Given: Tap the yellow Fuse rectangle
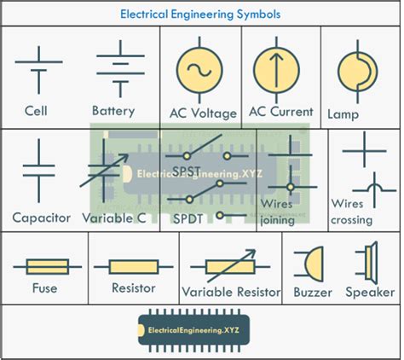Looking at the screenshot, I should click(43, 266).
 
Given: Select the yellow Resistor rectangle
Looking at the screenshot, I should click(133, 266).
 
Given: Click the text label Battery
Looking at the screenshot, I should click(113, 111).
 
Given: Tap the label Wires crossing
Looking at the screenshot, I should click(352, 212).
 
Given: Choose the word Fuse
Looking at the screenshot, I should click(43, 288).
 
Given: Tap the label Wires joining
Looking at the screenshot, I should click(279, 212).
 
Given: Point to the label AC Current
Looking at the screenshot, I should click(280, 112).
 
